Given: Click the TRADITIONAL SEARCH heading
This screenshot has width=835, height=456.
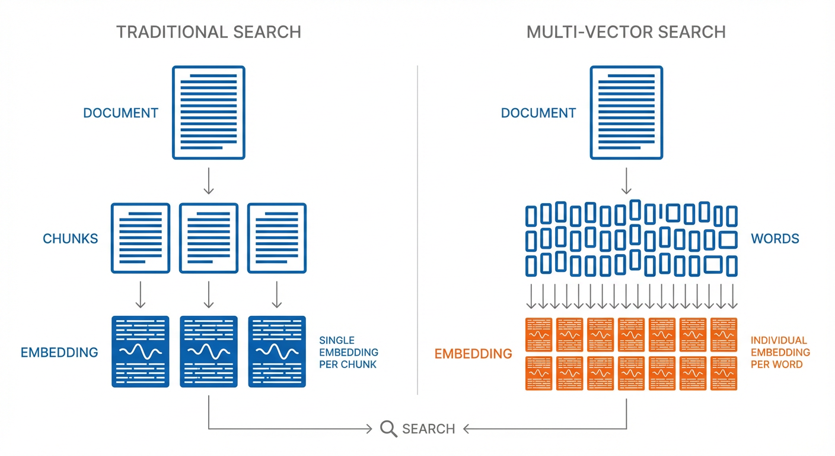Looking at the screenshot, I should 208,31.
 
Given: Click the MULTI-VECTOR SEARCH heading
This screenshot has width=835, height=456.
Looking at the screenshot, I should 626,31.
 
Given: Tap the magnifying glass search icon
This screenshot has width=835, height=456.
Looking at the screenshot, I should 388,429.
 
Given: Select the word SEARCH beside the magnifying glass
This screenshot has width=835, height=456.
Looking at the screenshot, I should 428,429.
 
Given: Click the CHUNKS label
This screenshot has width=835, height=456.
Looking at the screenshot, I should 70,239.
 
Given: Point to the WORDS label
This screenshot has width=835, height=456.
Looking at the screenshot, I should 775,239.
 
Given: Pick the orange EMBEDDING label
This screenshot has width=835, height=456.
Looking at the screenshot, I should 473,354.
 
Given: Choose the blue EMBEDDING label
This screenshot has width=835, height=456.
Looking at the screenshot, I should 59,352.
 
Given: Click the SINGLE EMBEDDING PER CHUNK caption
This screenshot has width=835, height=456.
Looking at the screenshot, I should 348,352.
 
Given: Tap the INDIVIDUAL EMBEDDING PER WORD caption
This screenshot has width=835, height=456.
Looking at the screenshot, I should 780,352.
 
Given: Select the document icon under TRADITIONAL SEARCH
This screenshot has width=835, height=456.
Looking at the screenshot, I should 208,112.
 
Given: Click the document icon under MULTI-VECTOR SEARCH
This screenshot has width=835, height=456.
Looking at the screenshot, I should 626,112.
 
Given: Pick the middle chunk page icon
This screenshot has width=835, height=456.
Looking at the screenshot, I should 208,238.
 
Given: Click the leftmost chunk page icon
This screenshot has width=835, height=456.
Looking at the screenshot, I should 141,238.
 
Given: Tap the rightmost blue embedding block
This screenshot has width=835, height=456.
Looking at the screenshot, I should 276,351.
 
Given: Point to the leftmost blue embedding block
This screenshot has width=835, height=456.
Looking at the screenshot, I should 141,351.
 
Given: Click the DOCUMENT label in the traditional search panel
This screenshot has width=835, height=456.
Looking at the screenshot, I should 120,113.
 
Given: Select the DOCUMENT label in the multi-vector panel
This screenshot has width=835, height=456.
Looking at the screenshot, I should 538,113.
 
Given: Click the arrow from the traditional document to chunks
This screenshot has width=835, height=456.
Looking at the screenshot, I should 208,181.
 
